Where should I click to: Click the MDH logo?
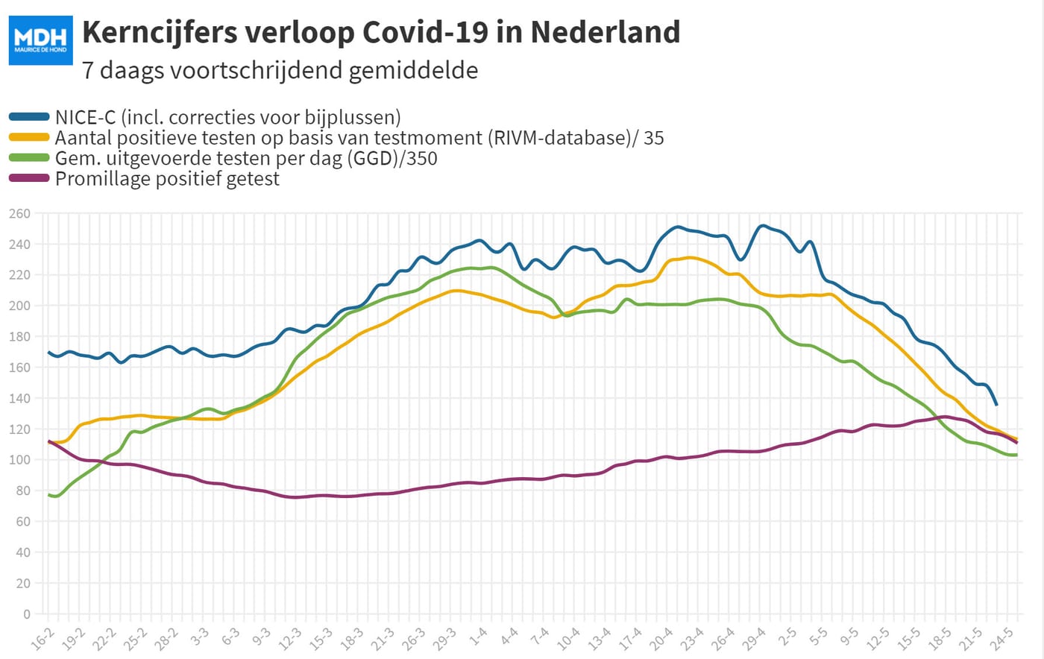click(40, 40)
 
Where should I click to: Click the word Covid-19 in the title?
click(425, 32)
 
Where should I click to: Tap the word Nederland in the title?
click(605, 32)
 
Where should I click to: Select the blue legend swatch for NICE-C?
click(29, 117)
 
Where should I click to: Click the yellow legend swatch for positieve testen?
click(29, 137)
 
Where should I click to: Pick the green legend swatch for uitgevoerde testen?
click(29, 157)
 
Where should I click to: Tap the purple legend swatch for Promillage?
click(29, 178)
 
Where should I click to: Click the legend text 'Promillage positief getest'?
click(167, 178)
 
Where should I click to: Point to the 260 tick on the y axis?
click(19, 213)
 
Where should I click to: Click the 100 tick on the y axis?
click(19, 460)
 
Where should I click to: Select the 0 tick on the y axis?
click(27, 614)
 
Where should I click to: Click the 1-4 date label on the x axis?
click(478, 637)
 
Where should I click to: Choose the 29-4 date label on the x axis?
click(754, 640)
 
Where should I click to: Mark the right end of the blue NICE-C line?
click(996, 405)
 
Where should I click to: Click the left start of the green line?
click(48, 495)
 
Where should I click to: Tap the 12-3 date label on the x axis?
click(290, 640)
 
